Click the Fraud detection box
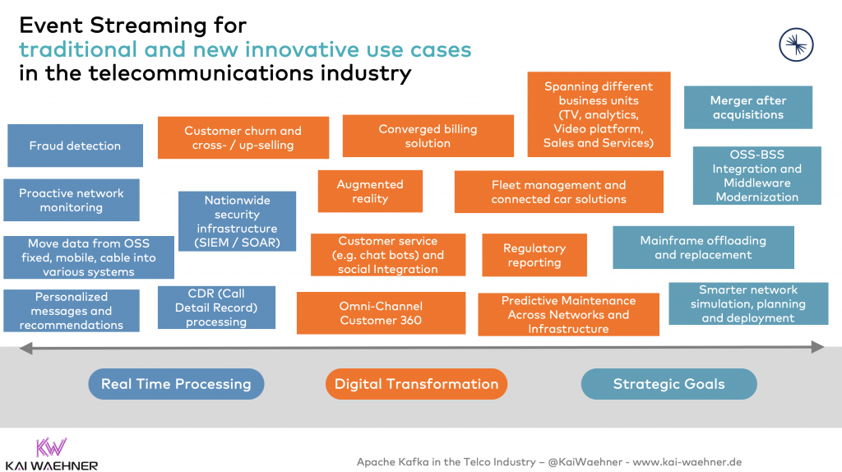[x=75, y=146]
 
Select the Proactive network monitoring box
[x=72, y=200]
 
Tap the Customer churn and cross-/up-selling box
[x=243, y=137]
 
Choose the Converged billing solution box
[x=428, y=136]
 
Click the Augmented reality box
[x=370, y=191]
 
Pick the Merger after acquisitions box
[x=748, y=108]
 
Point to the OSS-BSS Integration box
[x=756, y=175]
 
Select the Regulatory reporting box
[x=534, y=255]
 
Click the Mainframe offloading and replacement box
[x=703, y=248]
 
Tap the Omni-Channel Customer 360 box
[x=381, y=312]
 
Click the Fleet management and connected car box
[x=558, y=192]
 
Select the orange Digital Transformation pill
[x=416, y=384]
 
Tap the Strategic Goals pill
[x=669, y=384]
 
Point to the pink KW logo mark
[x=51, y=447]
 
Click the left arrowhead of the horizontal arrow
[x=25, y=349]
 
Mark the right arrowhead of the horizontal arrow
[x=817, y=347]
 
